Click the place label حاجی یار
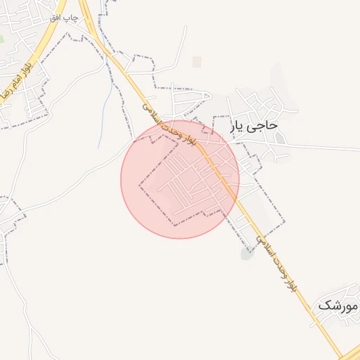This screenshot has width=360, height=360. click(255, 126)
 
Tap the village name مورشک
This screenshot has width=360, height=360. click(338, 306)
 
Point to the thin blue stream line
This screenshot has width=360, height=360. click(105, 112)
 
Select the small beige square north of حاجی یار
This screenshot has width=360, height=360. click(197, 63)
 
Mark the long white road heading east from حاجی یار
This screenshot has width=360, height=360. click(323, 147)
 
